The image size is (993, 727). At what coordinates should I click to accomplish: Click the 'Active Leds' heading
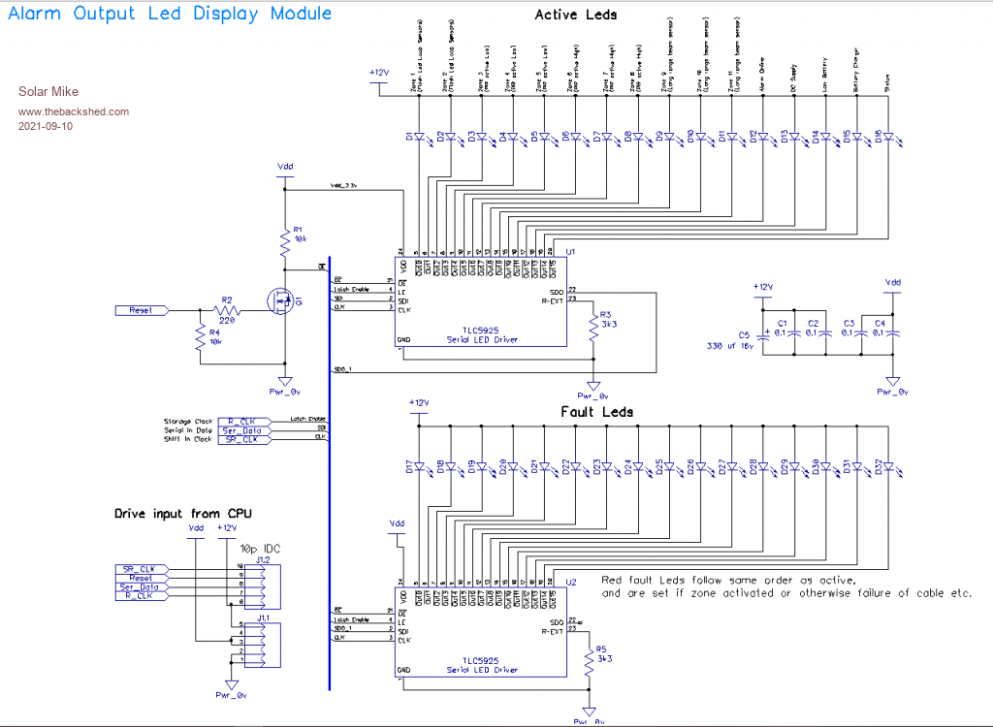click(x=576, y=15)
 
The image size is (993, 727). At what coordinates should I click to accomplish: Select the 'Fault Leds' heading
click(x=597, y=412)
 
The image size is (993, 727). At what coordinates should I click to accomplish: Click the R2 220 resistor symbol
click(x=227, y=310)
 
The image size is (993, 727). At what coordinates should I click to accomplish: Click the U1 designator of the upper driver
click(x=571, y=252)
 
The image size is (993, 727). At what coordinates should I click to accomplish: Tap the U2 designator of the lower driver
click(x=571, y=583)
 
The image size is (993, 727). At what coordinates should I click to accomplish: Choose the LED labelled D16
click(x=886, y=137)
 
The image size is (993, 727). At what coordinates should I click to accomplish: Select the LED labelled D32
click(x=886, y=468)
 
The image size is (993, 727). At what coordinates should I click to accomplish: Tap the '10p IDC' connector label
click(x=261, y=548)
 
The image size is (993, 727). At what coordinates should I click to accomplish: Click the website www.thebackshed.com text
click(x=74, y=111)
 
